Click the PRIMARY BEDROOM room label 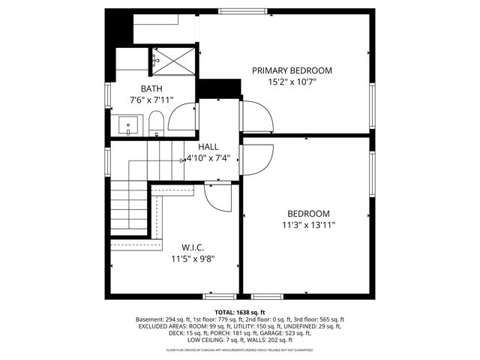click(x=292, y=70)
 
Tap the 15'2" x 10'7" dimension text click(x=292, y=82)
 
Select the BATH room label click(x=151, y=88)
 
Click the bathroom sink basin click(x=127, y=124)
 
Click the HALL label click(x=208, y=147)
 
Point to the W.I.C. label click(x=193, y=247)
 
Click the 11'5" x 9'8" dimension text click(x=193, y=259)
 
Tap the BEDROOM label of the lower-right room click(x=308, y=213)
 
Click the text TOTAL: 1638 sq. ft click(x=240, y=312)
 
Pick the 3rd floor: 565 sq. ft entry click(x=316, y=319)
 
